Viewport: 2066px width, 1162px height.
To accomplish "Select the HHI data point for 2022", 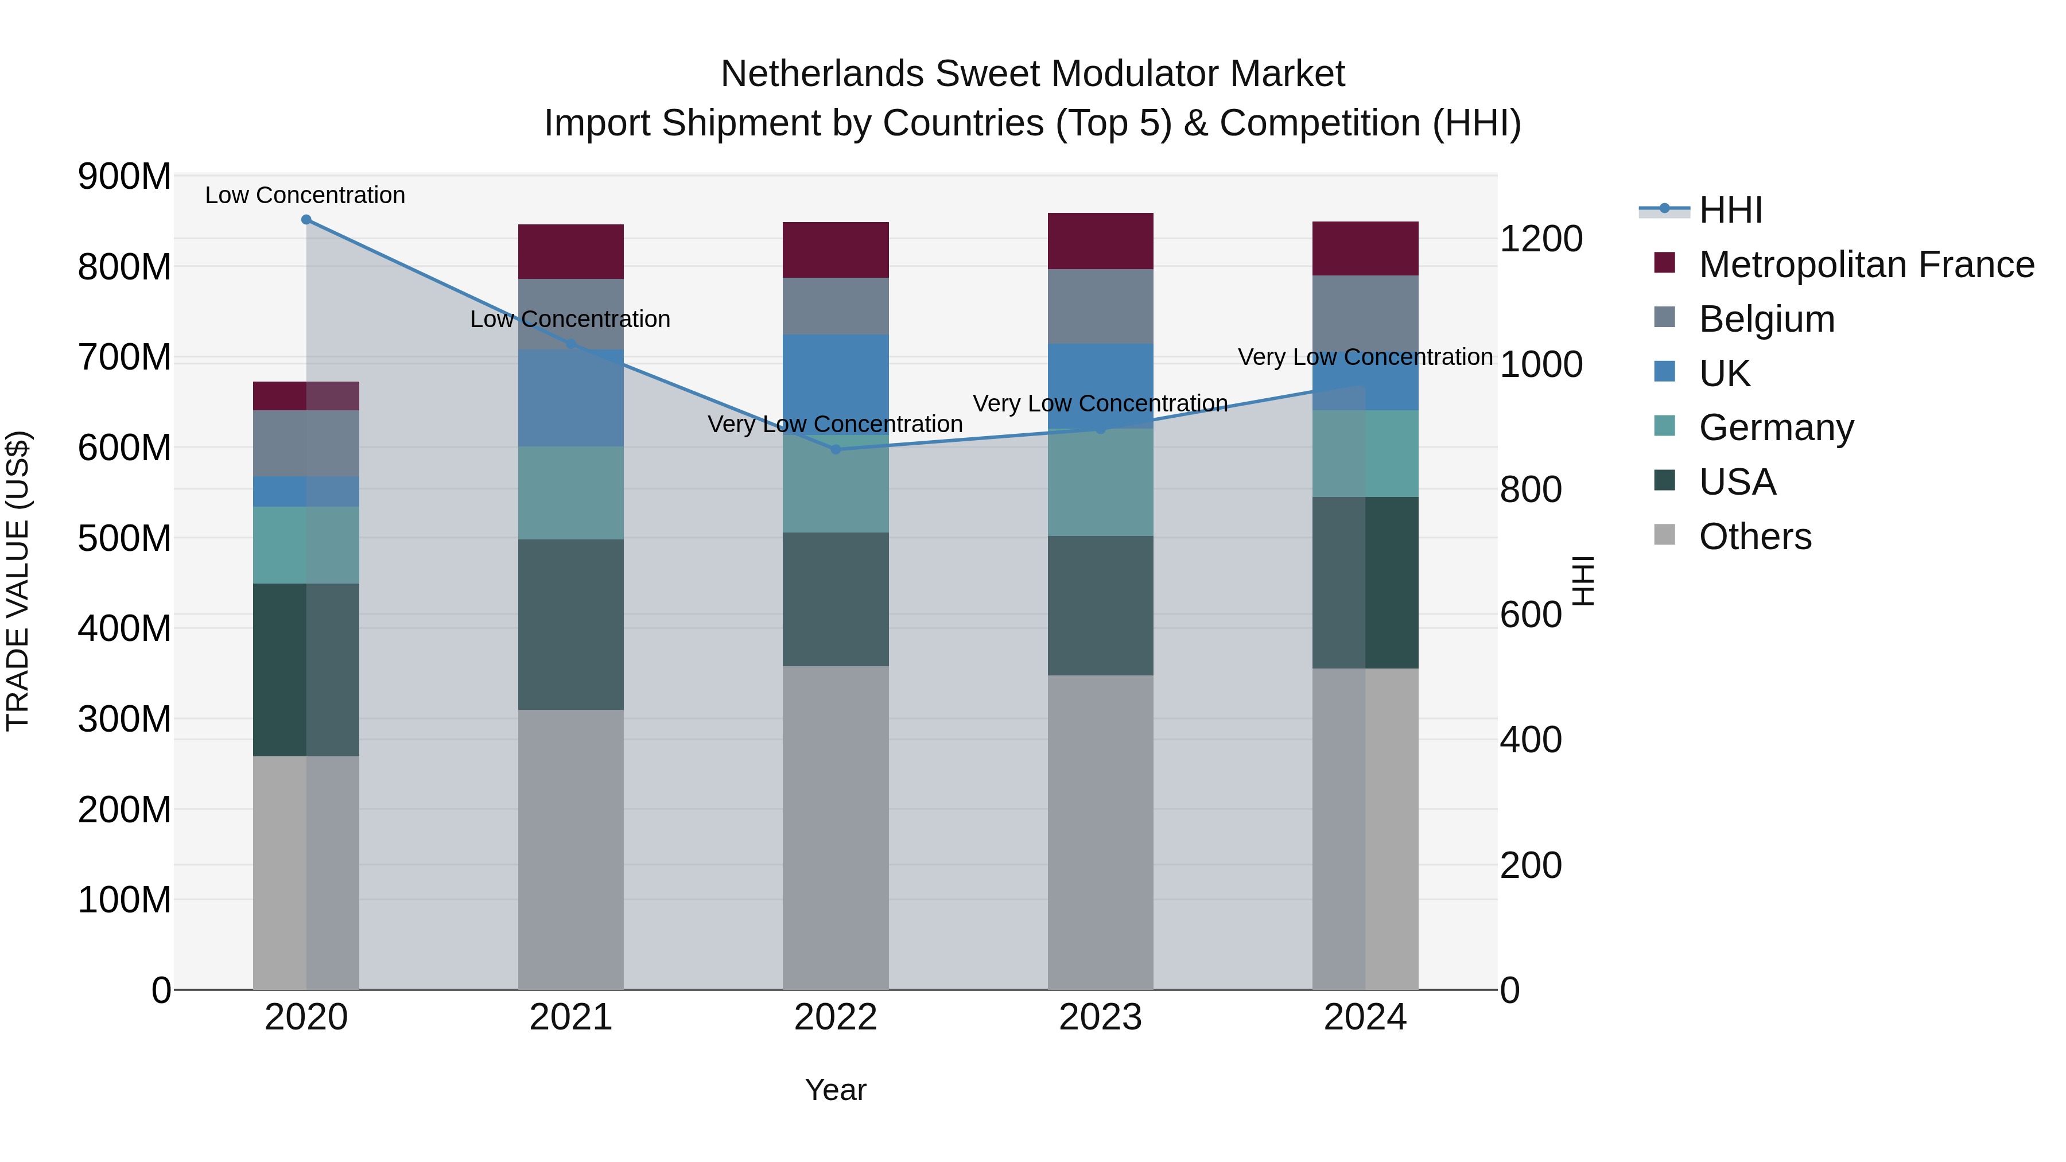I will click(x=835, y=450).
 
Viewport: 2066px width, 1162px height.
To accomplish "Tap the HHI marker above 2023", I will click(x=1100, y=430).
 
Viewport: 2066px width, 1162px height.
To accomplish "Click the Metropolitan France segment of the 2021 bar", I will click(x=570, y=252).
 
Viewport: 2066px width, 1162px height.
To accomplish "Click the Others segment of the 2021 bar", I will click(x=570, y=849).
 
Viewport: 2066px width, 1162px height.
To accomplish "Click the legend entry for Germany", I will click(x=1775, y=428).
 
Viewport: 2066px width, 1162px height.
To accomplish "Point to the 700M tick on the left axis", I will click(x=125, y=357).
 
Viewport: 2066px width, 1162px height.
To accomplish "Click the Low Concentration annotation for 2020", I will click(x=305, y=195).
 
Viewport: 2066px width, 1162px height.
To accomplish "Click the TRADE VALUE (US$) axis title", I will click(x=18, y=581).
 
